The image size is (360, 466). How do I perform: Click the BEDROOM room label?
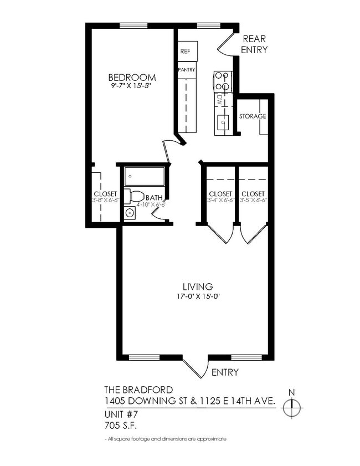point(132,77)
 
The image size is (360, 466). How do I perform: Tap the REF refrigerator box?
point(186,52)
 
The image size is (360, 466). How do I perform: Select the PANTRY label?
point(186,70)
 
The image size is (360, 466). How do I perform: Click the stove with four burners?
point(223,81)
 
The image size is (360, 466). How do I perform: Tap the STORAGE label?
point(253,116)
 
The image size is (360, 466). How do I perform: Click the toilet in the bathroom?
point(134,196)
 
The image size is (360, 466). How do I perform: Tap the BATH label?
point(154,197)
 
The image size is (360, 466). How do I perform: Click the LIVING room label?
point(198,286)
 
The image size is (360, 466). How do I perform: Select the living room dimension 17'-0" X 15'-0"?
point(198,296)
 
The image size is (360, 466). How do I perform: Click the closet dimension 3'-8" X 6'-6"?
point(105,200)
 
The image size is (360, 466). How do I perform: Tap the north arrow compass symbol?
point(291,407)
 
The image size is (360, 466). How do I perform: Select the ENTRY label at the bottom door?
point(225,372)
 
